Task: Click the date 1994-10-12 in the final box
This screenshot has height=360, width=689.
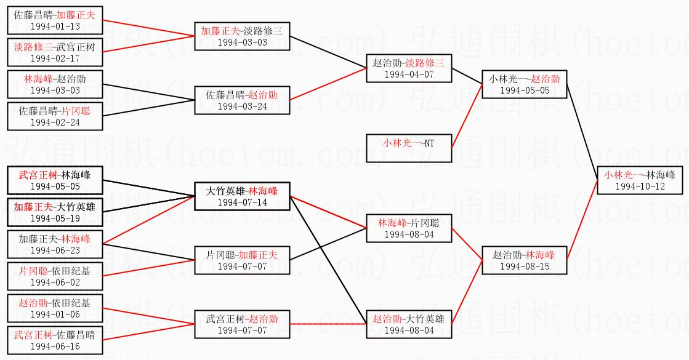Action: pyautogui.click(x=640, y=186)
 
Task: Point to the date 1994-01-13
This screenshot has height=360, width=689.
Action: pyautogui.click(x=55, y=26)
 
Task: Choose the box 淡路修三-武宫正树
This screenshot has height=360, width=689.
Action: pyautogui.click(x=55, y=52)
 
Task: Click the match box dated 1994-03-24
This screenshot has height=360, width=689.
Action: pyautogui.click(x=242, y=100)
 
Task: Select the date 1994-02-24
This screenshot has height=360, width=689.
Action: pyautogui.click(x=55, y=122)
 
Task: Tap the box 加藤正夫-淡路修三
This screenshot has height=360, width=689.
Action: pyautogui.click(x=242, y=36)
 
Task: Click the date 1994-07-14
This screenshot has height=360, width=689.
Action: pyautogui.click(x=242, y=202)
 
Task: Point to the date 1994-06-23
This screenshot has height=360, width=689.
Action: pyautogui.click(x=55, y=250)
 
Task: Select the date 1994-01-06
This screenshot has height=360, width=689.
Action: pyautogui.click(x=55, y=314)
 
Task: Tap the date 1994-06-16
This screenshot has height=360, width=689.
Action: pyautogui.click(x=55, y=346)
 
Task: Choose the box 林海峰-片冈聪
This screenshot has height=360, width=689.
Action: pyautogui.click(x=409, y=228)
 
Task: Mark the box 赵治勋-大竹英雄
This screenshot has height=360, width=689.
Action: pyautogui.click(x=409, y=324)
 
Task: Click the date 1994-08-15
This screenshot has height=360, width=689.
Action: pyautogui.click(x=525, y=266)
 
